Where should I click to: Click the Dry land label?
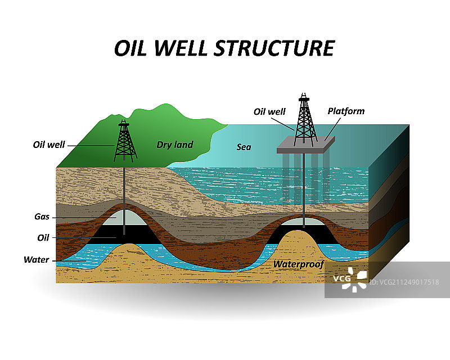[174, 145]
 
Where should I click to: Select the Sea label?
[244, 147]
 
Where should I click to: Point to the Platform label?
[346, 111]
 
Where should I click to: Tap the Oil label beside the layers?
[43, 237]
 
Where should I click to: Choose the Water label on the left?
[36, 260]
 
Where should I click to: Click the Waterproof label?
[299, 263]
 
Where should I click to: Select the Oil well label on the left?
[49, 145]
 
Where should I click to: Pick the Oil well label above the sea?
[269, 111]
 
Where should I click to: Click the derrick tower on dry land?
[125, 141]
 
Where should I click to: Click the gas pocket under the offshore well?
[304, 224]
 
